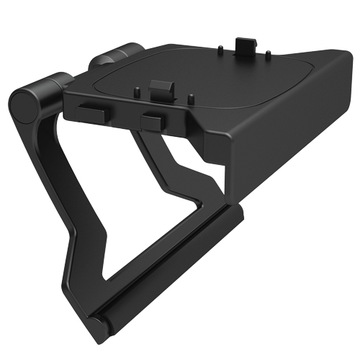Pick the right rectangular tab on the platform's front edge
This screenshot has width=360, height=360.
tap(153, 121)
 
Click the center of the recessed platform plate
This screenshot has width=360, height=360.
tap(190, 75)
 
